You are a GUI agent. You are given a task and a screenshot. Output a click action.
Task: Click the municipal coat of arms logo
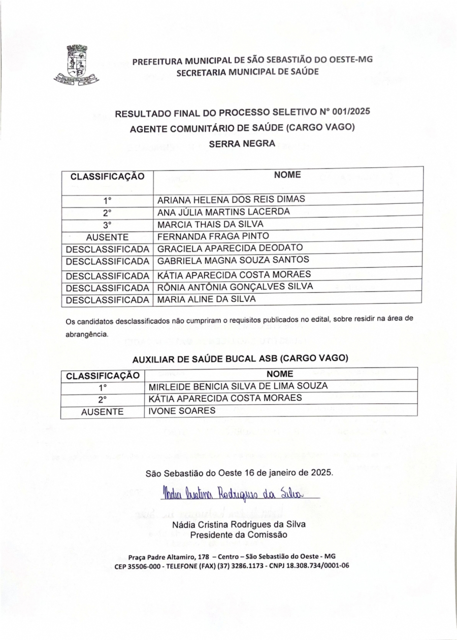tap(76, 64)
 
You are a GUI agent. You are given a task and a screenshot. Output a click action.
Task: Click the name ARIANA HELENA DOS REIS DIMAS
tap(231, 198)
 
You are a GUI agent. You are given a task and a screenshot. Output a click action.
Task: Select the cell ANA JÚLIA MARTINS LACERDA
tap(224, 211)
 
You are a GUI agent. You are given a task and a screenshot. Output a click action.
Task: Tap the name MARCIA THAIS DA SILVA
tap(210, 224)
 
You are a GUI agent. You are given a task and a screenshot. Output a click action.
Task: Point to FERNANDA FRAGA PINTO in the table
tap(213, 236)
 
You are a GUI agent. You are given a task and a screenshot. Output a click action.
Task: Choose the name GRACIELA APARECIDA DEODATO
tap(230, 248)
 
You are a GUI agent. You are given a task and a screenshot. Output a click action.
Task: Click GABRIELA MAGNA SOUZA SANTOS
tap(233, 261)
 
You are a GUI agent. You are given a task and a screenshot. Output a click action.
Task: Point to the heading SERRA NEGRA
tap(242, 144)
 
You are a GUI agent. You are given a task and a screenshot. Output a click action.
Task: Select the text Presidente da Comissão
tap(239, 535)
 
